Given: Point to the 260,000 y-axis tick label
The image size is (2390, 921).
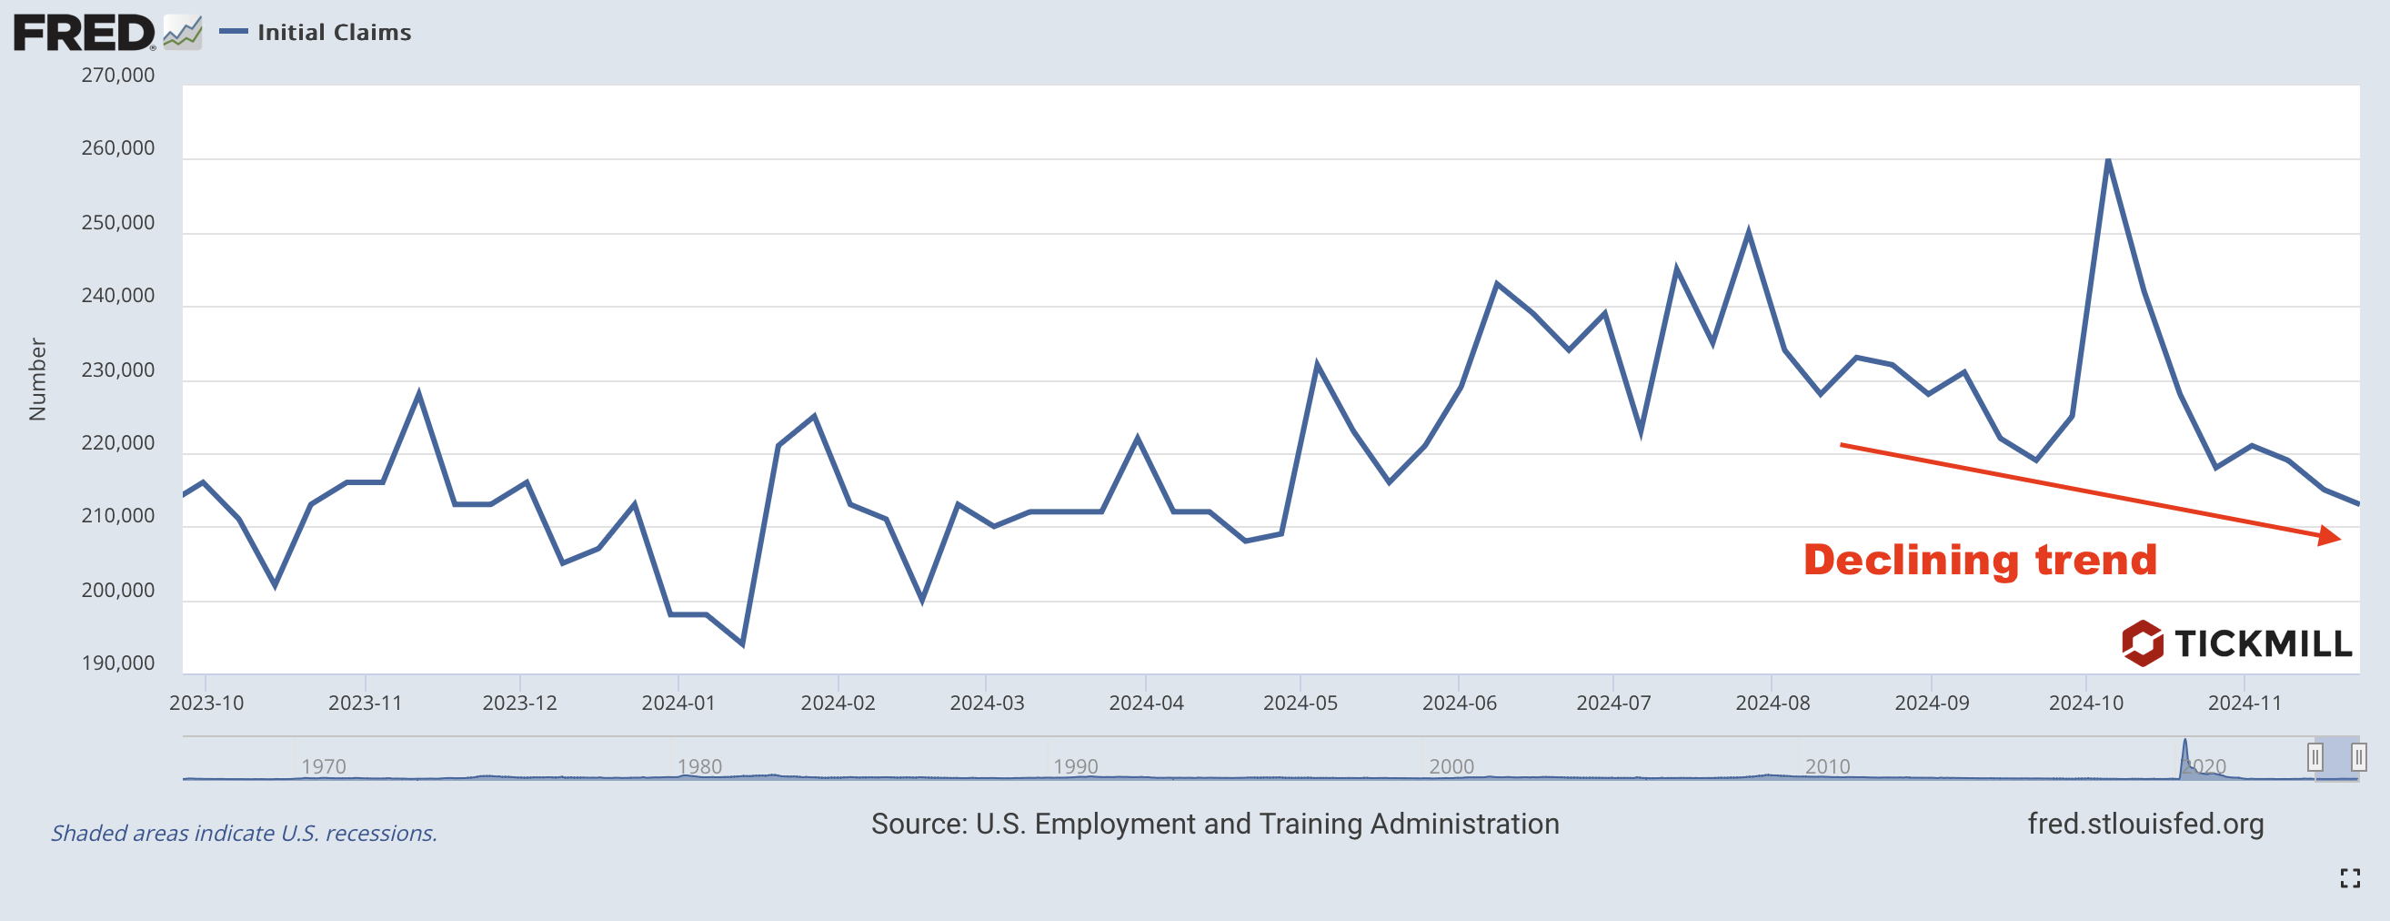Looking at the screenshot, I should tap(118, 148).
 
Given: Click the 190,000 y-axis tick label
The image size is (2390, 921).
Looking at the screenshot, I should tap(118, 663).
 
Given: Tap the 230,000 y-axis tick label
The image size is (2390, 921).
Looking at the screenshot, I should tap(118, 370).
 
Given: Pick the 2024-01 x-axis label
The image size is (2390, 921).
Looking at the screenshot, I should tap(678, 703).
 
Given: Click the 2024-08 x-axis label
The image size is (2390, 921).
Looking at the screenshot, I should tap(1772, 703).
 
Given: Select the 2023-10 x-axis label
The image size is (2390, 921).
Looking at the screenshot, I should tap(206, 703).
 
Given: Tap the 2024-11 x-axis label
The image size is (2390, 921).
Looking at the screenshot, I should tap(2244, 703).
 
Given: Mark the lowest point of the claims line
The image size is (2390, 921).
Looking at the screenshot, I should tap(743, 643).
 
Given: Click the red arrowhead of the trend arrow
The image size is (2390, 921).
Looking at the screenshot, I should tap(2329, 536).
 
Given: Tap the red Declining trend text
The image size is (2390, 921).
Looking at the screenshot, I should tap(1980, 560).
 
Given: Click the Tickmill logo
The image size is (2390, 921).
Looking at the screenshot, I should tap(2236, 643).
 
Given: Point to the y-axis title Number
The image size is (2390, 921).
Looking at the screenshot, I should tap(37, 379).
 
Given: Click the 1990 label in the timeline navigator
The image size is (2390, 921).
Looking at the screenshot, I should tap(1075, 766).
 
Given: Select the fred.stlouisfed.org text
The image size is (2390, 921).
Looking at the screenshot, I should tap(2145, 824).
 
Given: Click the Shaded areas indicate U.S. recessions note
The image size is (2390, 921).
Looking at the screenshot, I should tap(244, 833).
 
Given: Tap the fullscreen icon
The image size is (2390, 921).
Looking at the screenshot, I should tap(2350, 878).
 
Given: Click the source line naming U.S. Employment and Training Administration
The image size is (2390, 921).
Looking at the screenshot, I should tap(1214, 824).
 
